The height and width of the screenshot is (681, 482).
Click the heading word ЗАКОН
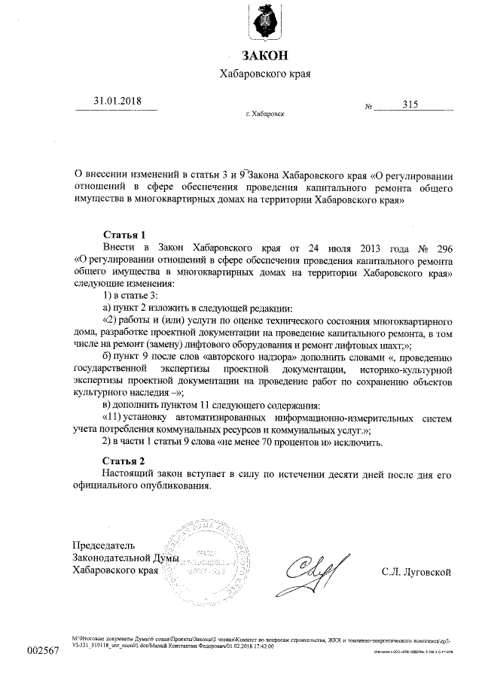[x=264, y=56]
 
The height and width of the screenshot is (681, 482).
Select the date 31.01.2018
[x=117, y=102]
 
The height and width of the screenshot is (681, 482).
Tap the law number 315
[x=410, y=105]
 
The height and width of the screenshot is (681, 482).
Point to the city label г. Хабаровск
[x=265, y=114]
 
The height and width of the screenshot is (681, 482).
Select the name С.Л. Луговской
[x=416, y=572]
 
